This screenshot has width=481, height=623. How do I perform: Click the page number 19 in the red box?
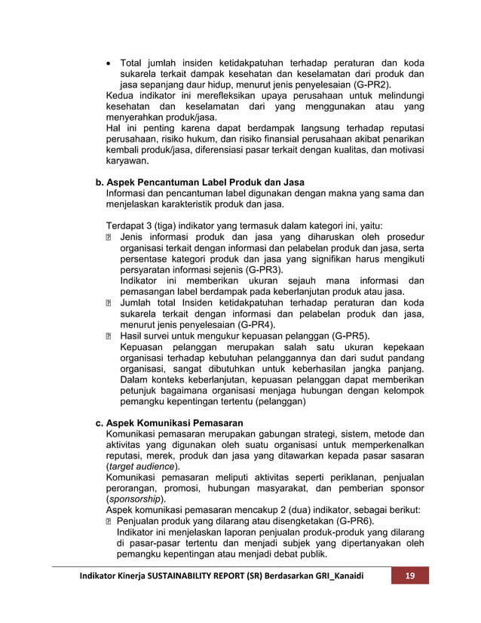[409, 576]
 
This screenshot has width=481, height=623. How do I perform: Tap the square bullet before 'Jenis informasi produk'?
[110, 237]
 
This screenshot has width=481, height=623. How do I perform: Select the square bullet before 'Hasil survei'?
[110, 336]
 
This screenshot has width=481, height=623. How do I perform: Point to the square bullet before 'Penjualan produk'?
[110, 521]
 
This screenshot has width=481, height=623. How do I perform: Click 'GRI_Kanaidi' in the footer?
[331, 576]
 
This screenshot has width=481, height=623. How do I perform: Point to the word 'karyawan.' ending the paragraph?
[127, 161]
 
